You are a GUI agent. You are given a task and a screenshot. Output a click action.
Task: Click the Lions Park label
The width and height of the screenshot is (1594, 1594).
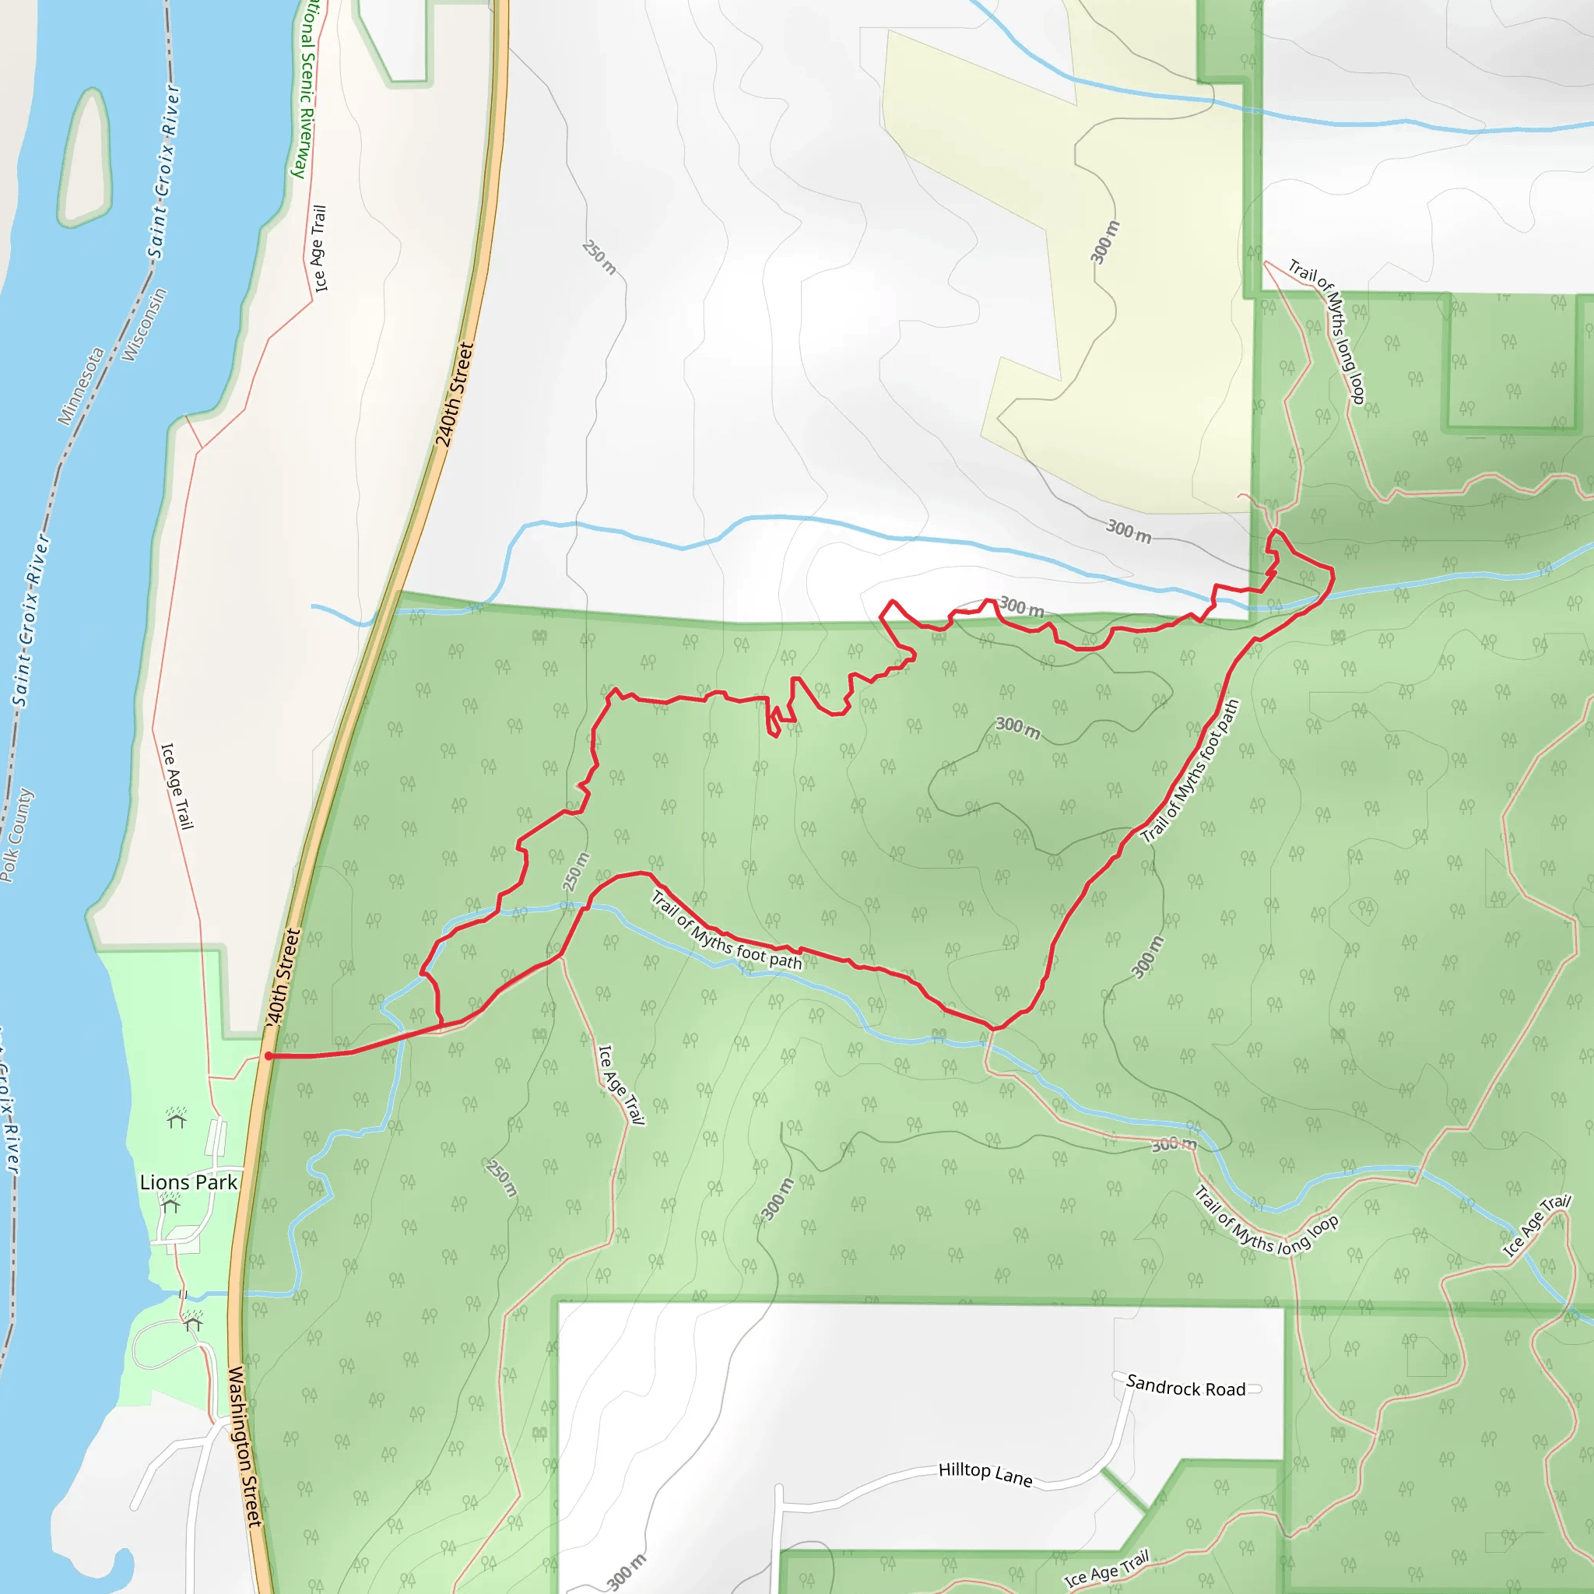[188, 1182]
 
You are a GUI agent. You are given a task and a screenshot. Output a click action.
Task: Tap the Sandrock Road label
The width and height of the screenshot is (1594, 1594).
[1185, 1388]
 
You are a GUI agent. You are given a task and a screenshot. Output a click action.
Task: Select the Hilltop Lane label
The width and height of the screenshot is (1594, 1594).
[985, 1473]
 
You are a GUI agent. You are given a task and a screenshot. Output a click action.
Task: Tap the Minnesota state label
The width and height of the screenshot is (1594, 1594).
[81, 386]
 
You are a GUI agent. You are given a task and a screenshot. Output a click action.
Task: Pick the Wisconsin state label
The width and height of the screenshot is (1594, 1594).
[145, 325]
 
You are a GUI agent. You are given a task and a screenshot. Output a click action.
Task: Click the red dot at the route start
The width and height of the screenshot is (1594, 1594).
[269, 1055]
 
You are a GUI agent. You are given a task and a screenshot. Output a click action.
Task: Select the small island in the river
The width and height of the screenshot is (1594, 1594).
[84, 156]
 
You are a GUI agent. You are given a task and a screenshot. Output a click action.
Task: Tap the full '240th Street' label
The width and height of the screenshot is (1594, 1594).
[455, 395]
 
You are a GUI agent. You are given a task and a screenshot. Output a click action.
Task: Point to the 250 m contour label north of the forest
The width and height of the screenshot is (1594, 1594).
[599, 257]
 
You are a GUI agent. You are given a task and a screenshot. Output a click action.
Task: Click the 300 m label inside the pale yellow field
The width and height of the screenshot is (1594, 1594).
[1104, 242]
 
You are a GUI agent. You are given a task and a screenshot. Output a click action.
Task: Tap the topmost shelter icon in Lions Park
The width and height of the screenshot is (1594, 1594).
[176, 1118]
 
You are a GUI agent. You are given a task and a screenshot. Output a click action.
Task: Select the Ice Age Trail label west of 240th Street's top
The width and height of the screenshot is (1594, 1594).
[319, 248]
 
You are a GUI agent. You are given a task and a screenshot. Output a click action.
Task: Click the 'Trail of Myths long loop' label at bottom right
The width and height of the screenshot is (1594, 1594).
[1266, 1220]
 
